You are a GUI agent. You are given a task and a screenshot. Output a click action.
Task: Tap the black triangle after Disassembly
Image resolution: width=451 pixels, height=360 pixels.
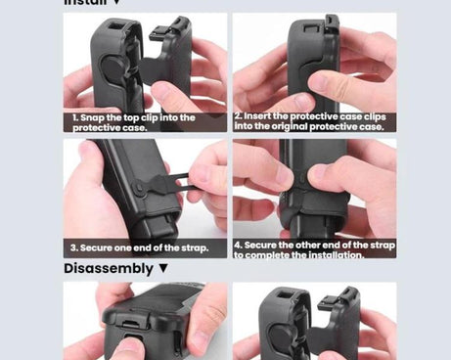(163, 268)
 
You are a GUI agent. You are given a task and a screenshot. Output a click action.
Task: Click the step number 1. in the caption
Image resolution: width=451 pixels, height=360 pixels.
(75, 117)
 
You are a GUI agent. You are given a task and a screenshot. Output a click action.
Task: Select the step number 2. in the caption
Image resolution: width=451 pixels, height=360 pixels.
(239, 115)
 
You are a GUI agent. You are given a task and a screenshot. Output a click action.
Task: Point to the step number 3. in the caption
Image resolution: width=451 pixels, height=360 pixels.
(74, 247)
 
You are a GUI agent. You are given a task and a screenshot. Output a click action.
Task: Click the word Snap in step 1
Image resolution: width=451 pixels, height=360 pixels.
(95, 117)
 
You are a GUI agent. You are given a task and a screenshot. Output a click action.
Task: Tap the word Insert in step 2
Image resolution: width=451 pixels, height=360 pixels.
(260, 115)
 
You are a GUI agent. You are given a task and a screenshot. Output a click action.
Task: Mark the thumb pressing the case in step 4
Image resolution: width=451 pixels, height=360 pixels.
(323, 176)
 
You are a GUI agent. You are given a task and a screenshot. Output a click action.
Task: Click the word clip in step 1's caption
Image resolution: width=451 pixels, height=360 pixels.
(140, 117)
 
